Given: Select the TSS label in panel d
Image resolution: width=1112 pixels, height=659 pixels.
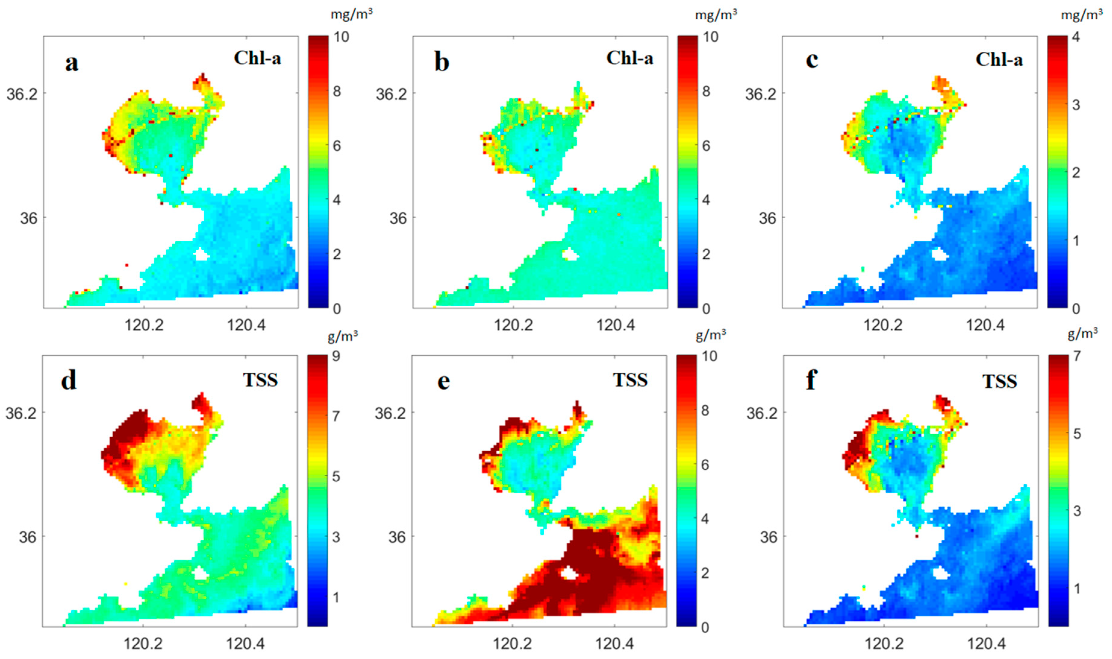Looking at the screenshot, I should coord(260,380).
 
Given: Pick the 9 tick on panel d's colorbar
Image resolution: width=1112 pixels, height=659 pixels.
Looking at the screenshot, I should coord(336,356).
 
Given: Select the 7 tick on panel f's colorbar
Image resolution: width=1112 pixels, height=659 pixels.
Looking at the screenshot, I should coord(1077,356).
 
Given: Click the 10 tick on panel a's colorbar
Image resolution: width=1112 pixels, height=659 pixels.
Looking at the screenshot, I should coord(341,36).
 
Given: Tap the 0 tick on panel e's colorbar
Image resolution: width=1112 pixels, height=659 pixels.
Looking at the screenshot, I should coord(705,627).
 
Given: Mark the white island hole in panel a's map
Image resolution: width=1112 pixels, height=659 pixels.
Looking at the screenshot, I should coord(201,255).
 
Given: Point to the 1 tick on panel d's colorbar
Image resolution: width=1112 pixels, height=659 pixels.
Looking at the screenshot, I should coord(336,597).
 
